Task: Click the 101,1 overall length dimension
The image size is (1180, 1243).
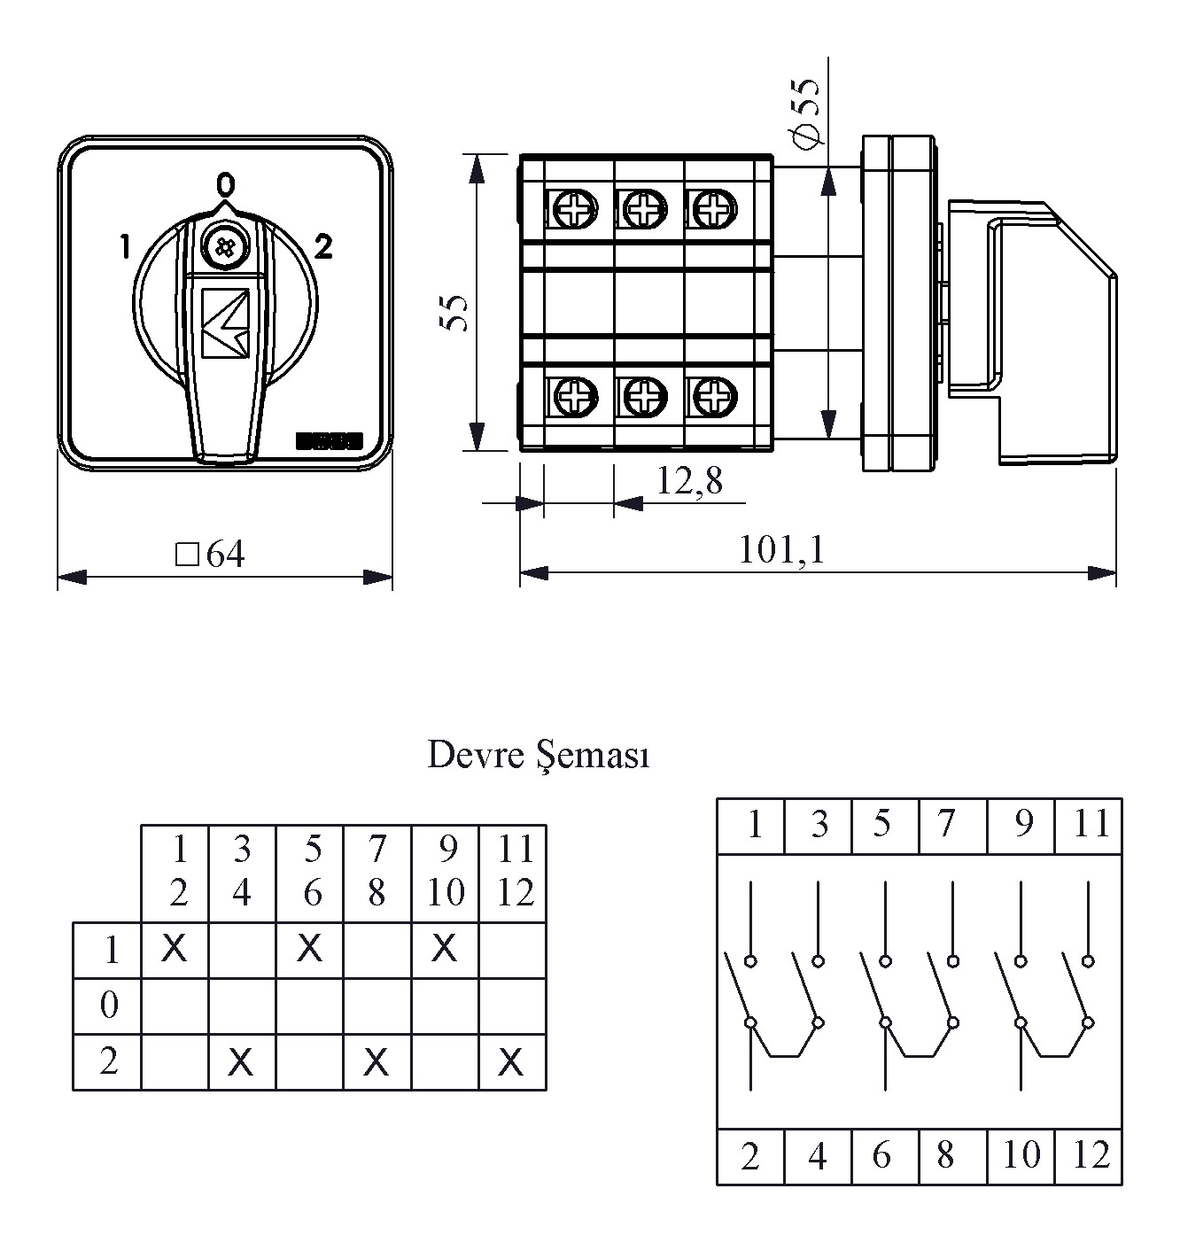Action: [x=781, y=551]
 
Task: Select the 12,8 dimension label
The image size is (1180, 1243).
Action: [x=689, y=481]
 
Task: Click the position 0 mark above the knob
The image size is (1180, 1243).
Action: [x=226, y=184]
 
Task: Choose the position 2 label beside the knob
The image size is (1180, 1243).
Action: [x=323, y=247]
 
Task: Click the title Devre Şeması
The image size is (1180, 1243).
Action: [x=539, y=756]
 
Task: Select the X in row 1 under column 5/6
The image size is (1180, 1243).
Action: [x=309, y=949]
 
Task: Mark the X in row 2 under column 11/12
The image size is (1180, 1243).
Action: [x=511, y=1061]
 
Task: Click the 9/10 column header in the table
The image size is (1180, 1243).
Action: [x=445, y=872]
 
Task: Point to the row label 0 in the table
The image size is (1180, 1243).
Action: [x=108, y=1006]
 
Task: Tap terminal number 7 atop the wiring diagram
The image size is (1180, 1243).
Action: [x=947, y=824]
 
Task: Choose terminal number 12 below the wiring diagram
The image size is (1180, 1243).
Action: [x=1091, y=1155]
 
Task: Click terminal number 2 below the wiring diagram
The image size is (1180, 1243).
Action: [x=749, y=1156]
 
